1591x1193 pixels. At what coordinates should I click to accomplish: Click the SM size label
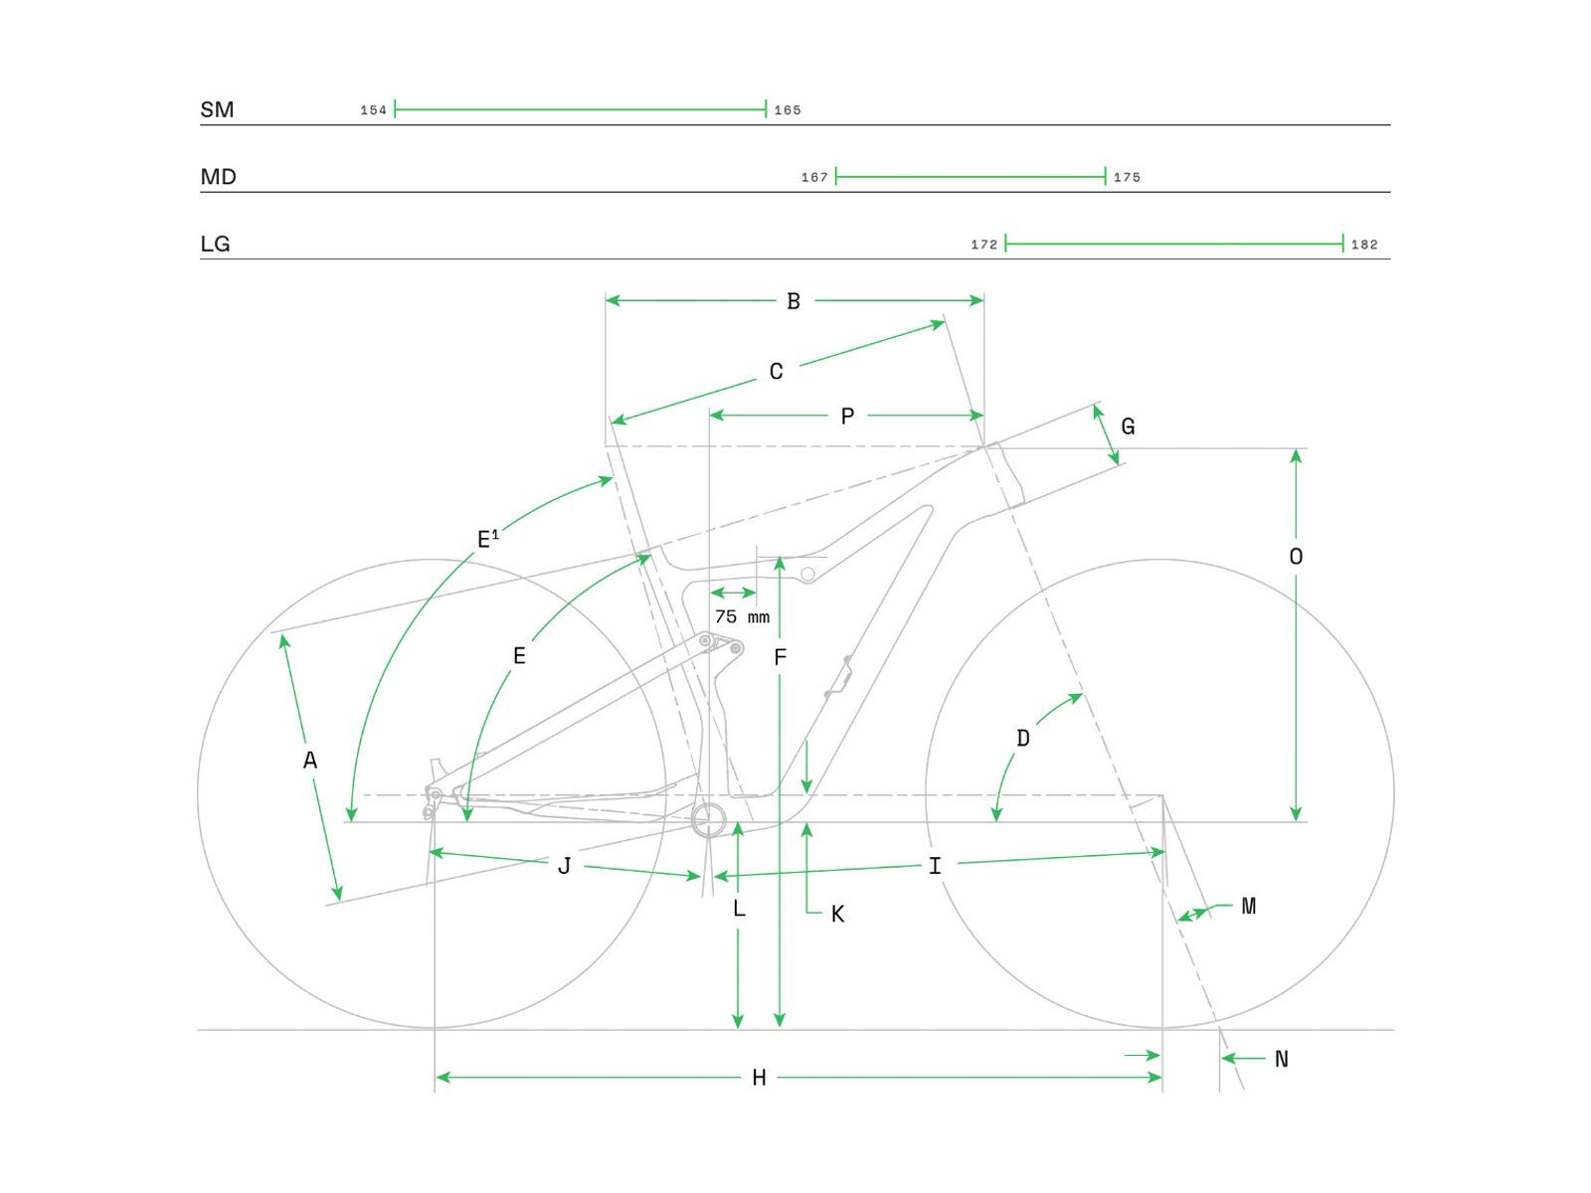click(217, 109)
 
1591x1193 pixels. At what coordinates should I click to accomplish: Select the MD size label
click(218, 177)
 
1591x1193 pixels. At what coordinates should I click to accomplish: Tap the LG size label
click(215, 244)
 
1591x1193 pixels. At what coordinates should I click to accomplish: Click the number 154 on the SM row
click(373, 110)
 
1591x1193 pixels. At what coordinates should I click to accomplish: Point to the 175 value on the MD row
click(1127, 178)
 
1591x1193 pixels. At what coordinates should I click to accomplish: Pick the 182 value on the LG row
click(1364, 245)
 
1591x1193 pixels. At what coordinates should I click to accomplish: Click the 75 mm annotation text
click(742, 617)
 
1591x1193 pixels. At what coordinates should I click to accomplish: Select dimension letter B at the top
click(794, 301)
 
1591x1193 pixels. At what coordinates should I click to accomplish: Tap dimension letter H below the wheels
click(759, 1078)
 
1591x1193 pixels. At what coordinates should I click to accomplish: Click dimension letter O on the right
click(1296, 557)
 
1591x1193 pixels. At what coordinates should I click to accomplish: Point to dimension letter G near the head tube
click(1128, 426)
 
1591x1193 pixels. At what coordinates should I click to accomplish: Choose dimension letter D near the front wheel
click(1023, 739)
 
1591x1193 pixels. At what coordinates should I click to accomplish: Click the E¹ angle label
click(487, 540)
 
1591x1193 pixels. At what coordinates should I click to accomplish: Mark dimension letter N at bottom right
click(1281, 1060)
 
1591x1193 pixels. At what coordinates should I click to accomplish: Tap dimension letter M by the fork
click(1249, 906)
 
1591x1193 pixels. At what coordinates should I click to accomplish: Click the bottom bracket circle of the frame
click(710, 821)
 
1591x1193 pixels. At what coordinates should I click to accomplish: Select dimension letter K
click(837, 915)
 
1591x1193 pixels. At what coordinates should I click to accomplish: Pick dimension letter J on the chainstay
click(564, 866)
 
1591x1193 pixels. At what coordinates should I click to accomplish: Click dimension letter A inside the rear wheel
click(310, 761)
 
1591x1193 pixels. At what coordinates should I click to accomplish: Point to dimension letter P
click(847, 417)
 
